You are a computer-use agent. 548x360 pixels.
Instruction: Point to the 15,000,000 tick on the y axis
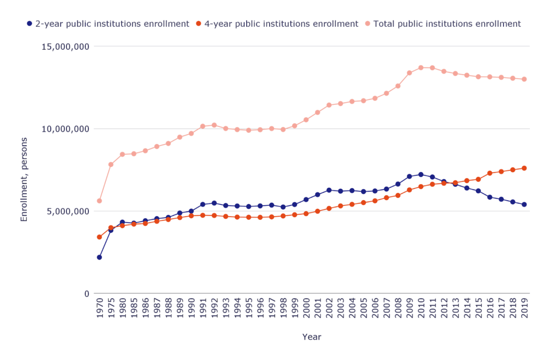pyautogui.click(x=65, y=47)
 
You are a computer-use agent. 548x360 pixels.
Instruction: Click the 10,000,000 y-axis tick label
pyautogui.click(x=65, y=129)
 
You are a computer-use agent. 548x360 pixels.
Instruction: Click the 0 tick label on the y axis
pyautogui.click(x=86, y=294)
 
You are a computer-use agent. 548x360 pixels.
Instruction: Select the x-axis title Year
pyautogui.click(x=311, y=337)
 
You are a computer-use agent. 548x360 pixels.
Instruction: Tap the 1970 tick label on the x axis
pyautogui.click(x=100, y=309)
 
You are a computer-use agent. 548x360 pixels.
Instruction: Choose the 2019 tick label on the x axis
pyautogui.click(x=524, y=309)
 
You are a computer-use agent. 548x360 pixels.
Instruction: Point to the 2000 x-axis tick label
pyautogui.click(x=306, y=309)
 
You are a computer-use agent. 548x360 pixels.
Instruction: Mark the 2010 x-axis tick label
pyautogui.click(x=421, y=309)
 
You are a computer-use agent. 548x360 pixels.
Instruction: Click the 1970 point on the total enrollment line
pyautogui.click(x=100, y=201)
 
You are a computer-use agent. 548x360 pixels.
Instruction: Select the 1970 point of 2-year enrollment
pyautogui.click(x=100, y=257)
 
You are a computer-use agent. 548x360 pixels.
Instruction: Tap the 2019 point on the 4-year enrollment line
pyautogui.click(x=524, y=168)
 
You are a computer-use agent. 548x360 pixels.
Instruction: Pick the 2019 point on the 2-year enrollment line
pyautogui.click(x=524, y=204)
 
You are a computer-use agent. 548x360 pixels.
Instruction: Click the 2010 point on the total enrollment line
pyautogui.click(x=421, y=67)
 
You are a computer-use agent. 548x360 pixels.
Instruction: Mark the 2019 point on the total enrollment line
pyautogui.click(x=524, y=79)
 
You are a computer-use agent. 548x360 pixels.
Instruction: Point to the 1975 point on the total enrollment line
pyautogui.click(x=111, y=164)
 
